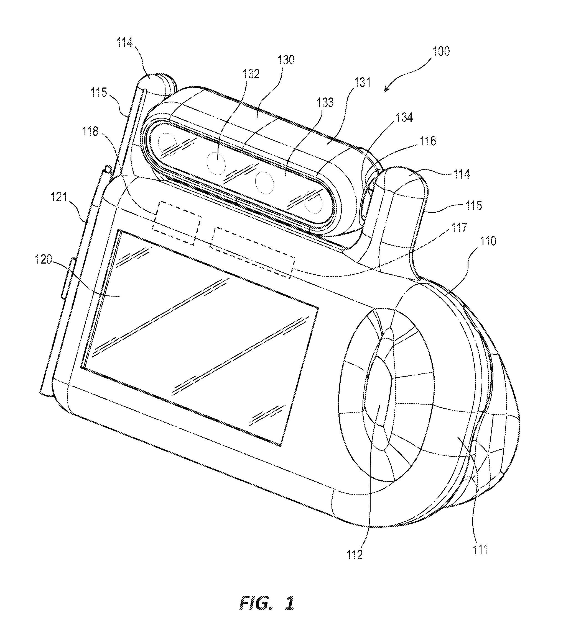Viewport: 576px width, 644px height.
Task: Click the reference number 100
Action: click(441, 51)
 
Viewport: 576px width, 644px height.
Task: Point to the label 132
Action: click(251, 74)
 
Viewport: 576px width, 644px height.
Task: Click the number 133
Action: click(325, 102)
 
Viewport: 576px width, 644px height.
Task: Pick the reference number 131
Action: click(362, 83)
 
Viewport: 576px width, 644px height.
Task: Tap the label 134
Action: click(404, 118)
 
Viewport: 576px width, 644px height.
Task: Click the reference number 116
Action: click(428, 141)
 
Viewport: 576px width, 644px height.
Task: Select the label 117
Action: click(459, 228)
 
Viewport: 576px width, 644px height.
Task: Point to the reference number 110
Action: click(488, 241)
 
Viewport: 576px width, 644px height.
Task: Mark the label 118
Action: click(90, 131)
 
